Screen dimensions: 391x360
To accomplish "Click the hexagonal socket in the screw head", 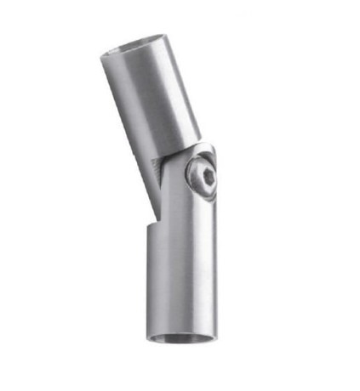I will (204, 178).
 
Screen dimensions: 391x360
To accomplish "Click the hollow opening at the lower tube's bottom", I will (180, 337).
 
